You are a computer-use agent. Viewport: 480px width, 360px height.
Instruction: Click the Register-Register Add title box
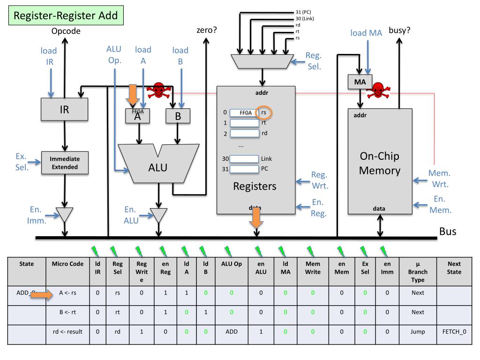tap(65, 16)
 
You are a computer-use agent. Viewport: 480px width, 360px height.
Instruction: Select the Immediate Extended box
tap(65, 163)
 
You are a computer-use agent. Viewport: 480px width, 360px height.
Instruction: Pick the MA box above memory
tap(360, 82)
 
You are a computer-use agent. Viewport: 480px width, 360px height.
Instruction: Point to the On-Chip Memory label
tap(379, 163)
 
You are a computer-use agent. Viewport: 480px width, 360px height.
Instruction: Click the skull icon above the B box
tap(158, 90)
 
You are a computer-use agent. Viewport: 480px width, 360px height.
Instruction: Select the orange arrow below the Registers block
tap(255, 218)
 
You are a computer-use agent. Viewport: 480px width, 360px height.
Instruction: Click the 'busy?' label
tap(399, 31)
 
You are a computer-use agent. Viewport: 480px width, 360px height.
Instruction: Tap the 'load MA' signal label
tap(367, 33)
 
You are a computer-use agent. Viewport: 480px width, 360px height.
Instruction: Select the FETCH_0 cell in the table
tap(454, 332)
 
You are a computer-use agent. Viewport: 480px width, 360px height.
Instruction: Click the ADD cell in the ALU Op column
tap(231, 332)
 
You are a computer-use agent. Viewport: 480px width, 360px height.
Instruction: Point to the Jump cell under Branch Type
tap(418, 332)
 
